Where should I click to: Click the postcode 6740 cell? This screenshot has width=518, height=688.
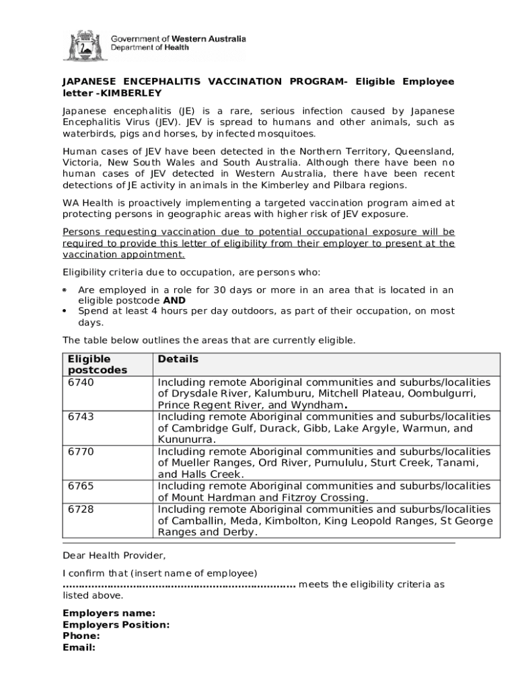coord(81,382)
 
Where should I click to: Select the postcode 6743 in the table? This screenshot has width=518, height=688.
coord(81,417)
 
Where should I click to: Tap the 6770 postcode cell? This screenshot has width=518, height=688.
coord(81,451)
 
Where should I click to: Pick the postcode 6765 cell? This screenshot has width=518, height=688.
coord(81,486)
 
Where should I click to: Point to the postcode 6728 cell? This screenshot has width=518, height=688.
coord(81,509)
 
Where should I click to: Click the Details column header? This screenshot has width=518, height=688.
coord(178,359)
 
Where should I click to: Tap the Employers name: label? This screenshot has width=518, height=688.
coord(109,613)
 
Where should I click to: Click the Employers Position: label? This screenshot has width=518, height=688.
coord(116,624)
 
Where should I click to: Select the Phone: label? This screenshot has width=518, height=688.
coord(81,636)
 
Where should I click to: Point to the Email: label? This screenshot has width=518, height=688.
coord(79,647)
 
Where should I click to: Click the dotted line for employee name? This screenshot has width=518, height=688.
coord(179,585)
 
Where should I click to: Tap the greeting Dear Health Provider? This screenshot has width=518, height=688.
coord(114,556)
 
